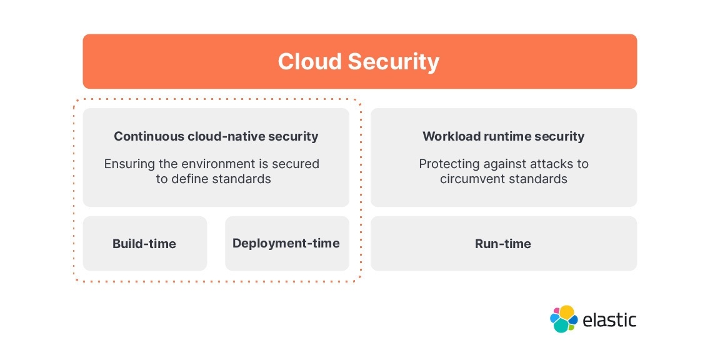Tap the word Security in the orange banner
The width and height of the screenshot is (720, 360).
[393, 62]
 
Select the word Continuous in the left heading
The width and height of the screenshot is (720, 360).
[149, 136]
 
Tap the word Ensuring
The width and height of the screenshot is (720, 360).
[127, 164]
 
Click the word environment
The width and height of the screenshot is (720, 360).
[212, 164]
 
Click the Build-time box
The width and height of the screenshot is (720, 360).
[144, 244]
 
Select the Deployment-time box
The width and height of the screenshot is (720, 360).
[286, 243]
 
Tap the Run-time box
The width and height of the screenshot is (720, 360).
[503, 244]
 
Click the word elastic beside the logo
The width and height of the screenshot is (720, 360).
[609, 321]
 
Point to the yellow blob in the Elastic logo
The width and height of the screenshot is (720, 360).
[566, 312]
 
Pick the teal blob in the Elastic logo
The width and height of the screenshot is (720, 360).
[561, 326]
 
